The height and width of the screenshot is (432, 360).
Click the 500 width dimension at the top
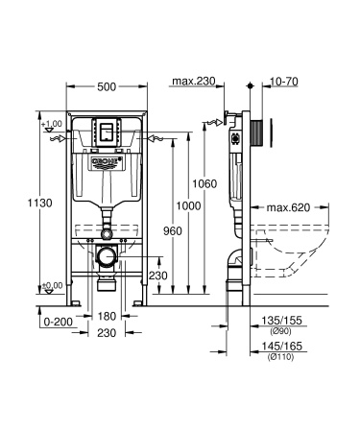point(107,86)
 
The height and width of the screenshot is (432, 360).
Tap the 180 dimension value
point(106,316)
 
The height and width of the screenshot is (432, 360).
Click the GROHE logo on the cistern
point(107,160)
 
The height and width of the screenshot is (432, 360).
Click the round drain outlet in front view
point(107,232)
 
